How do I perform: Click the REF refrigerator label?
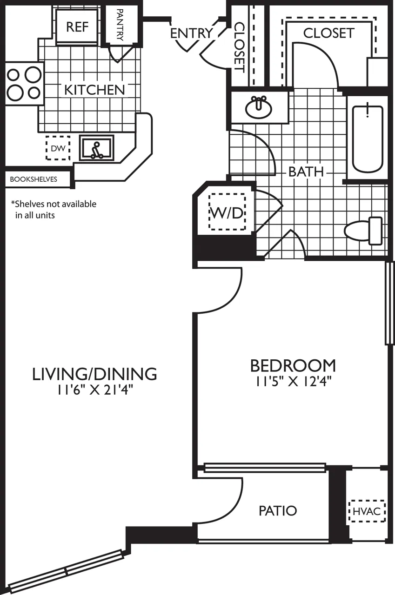coord(77,26)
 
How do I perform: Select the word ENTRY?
coord(191,33)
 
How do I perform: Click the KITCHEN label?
coord(94,90)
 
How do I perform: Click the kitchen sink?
coord(97,148)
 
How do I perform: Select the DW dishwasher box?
coord(58,148)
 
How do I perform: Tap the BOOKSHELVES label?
coord(33,179)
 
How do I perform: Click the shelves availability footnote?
coord(54,209)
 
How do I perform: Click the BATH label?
coord(306,171)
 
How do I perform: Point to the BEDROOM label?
coord(293,365)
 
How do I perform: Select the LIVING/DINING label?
coord(94,374)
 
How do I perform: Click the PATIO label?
coord(278,511)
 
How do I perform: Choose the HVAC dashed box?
coord(367,511)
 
